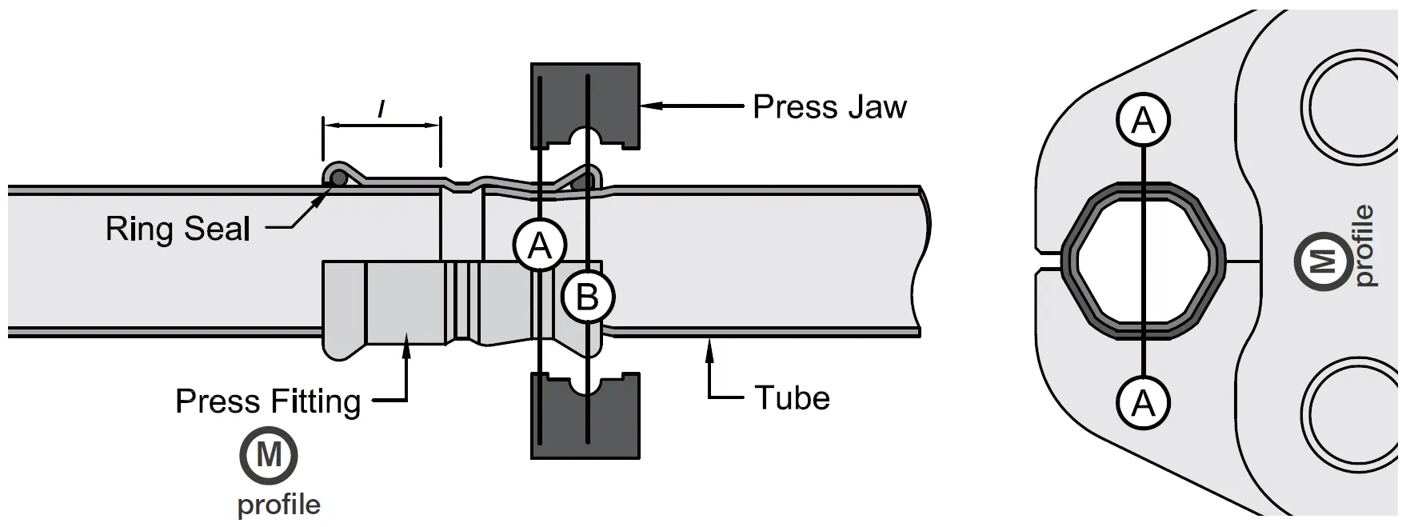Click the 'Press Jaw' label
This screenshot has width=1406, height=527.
[x=829, y=106]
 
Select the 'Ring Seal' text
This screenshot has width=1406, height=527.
[x=178, y=230]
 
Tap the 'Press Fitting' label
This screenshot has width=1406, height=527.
[x=268, y=401]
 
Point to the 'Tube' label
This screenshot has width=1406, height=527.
[x=792, y=397]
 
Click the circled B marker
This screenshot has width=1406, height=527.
[x=588, y=297]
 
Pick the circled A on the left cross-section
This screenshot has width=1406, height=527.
[x=540, y=245]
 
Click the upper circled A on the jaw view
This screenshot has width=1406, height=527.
[x=1144, y=121]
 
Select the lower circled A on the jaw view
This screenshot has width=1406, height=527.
[x=1144, y=402]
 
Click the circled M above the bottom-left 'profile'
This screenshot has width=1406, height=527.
[x=269, y=456]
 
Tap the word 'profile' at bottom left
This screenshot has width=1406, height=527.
[x=278, y=505]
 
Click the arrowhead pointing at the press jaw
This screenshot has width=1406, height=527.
[x=649, y=104]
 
